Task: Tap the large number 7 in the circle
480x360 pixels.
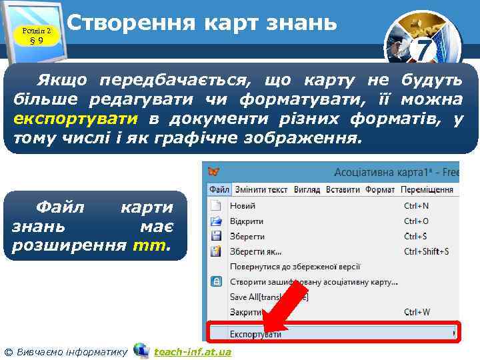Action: click(424, 49)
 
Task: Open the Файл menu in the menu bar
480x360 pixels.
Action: click(219, 190)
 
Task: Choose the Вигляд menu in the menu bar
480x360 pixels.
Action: click(307, 190)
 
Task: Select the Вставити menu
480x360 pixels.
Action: click(343, 190)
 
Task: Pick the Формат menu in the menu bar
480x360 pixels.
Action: click(380, 190)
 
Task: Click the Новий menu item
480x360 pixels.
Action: click(243, 206)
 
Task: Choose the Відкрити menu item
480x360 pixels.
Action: click(247, 221)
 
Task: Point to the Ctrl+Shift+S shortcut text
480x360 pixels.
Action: click(427, 251)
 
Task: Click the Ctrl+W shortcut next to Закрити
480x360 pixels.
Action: click(417, 311)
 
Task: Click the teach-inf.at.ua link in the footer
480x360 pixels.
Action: click(192, 351)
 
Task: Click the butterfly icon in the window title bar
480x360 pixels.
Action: click(214, 173)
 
